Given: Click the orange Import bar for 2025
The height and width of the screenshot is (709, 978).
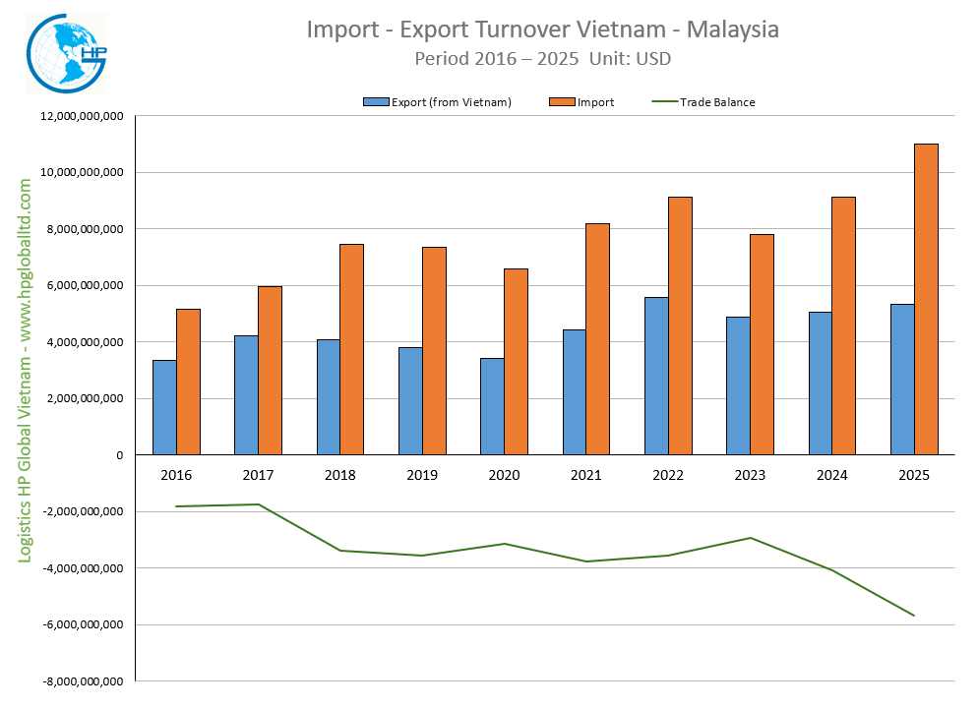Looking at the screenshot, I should [926, 299].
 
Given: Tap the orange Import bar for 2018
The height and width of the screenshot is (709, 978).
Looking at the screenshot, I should [352, 349].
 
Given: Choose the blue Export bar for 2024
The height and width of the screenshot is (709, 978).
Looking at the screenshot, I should [821, 383].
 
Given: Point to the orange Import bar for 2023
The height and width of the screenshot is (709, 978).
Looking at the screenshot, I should [762, 344].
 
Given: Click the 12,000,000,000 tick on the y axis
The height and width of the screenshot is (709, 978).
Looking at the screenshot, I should [82, 116].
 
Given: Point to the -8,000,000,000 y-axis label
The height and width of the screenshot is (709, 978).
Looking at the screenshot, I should [80, 680].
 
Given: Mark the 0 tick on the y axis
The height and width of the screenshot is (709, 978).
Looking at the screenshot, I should [117, 455].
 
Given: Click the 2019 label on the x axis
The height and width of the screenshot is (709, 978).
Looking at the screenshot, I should [422, 476].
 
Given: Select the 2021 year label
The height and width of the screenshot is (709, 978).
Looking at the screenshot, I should [585, 476].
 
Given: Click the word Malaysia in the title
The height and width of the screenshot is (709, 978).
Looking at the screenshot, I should [733, 30].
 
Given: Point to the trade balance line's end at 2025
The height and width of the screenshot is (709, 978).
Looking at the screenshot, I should [914, 616].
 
